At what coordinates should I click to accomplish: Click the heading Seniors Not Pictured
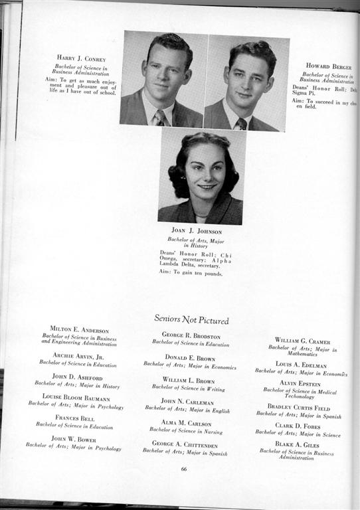click(x=191, y=319)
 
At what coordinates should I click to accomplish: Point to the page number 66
click(x=184, y=469)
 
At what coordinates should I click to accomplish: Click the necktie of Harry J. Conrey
click(x=159, y=118)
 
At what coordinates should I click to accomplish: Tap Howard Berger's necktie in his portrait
click(x=242, y=123)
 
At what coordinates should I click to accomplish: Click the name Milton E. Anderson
click(x=80, y=330)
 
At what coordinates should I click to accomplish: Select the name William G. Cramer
click(x=302, y=341)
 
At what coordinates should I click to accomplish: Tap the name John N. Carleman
click(x=187, y=402)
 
